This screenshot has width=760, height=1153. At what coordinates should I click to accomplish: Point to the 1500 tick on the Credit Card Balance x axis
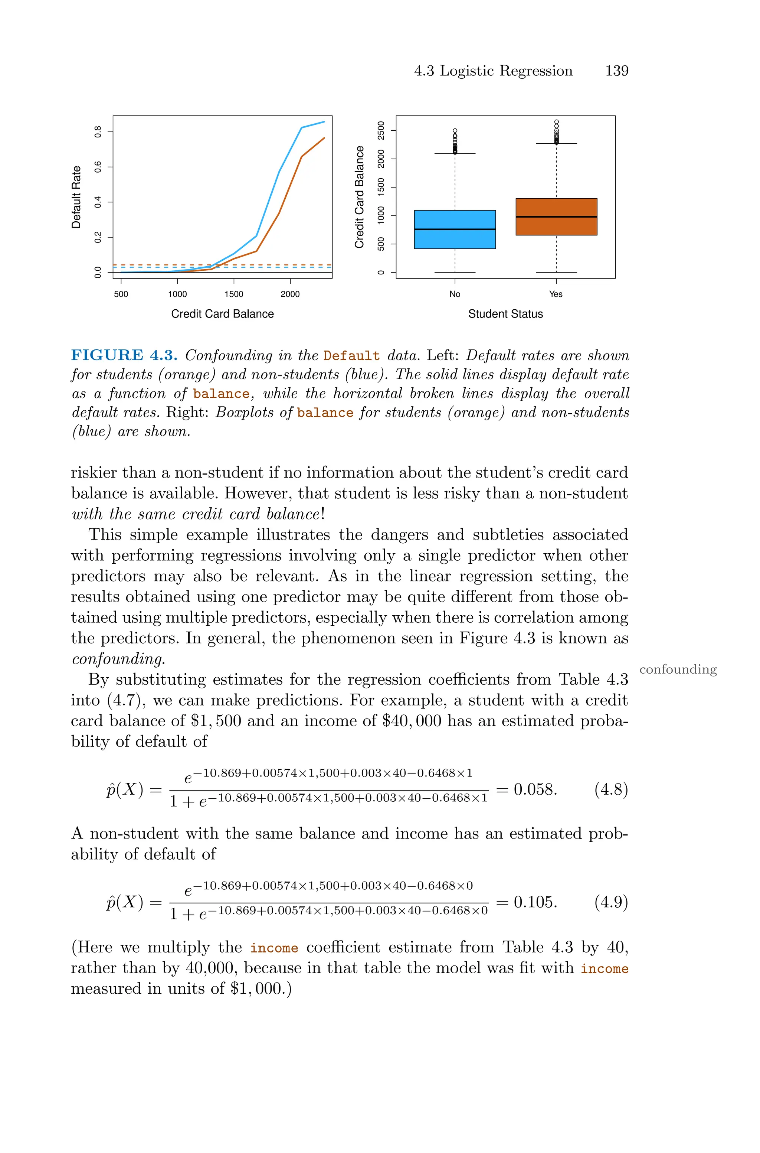(234, 294)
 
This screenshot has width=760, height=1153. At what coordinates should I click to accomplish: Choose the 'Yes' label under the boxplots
(556, 294)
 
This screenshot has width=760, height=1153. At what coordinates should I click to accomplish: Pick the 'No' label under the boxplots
(455, 294)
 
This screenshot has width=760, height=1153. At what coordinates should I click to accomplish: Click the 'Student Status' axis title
(505, 314)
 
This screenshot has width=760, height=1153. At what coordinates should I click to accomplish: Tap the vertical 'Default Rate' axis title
(76, 197)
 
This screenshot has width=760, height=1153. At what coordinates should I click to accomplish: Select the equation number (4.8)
(611, 789)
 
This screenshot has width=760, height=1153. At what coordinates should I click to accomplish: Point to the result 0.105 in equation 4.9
(535, 902)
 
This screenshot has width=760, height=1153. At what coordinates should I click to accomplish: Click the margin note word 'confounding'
(678, 669)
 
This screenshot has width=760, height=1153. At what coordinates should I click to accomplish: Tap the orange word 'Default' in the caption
(351, 356)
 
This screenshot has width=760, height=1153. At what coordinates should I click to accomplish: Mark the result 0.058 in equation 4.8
(535, 789)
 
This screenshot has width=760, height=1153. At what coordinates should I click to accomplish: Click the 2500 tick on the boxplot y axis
(381, 130)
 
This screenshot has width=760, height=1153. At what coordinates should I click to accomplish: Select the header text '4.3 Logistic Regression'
(493, 71)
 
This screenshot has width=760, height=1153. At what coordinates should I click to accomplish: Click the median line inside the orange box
(556, 217)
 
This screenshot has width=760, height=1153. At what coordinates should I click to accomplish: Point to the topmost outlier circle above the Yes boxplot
(556, 122)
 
